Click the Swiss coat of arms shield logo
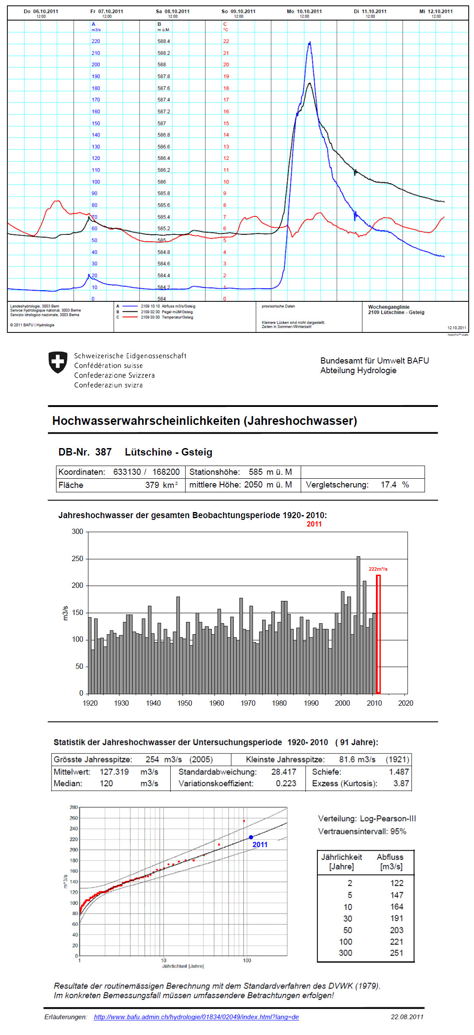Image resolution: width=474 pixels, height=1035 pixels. point(58,362)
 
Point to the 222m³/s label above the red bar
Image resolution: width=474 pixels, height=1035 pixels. point(378,569)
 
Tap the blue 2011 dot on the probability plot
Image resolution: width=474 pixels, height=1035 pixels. point(251,837)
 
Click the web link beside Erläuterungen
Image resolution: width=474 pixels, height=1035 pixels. point(196,1017)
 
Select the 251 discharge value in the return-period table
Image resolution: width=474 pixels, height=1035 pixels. point(397,953)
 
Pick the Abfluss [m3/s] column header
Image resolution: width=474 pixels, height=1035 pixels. point(390,862)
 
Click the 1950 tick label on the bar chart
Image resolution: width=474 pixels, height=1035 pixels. point(184,703)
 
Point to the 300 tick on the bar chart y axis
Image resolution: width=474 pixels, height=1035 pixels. point(77,531)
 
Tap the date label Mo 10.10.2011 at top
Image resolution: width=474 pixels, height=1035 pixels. point(304,11)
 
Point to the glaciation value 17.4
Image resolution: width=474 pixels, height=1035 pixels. point(388,484)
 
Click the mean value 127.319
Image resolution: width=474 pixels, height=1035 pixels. point(114,772)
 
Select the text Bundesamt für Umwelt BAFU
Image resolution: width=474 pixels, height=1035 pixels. point(374,360)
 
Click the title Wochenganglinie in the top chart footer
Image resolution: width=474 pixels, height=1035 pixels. point(389,307)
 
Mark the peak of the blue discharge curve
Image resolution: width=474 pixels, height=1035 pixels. point(310,42)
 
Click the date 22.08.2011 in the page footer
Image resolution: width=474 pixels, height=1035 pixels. point(407,1017)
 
